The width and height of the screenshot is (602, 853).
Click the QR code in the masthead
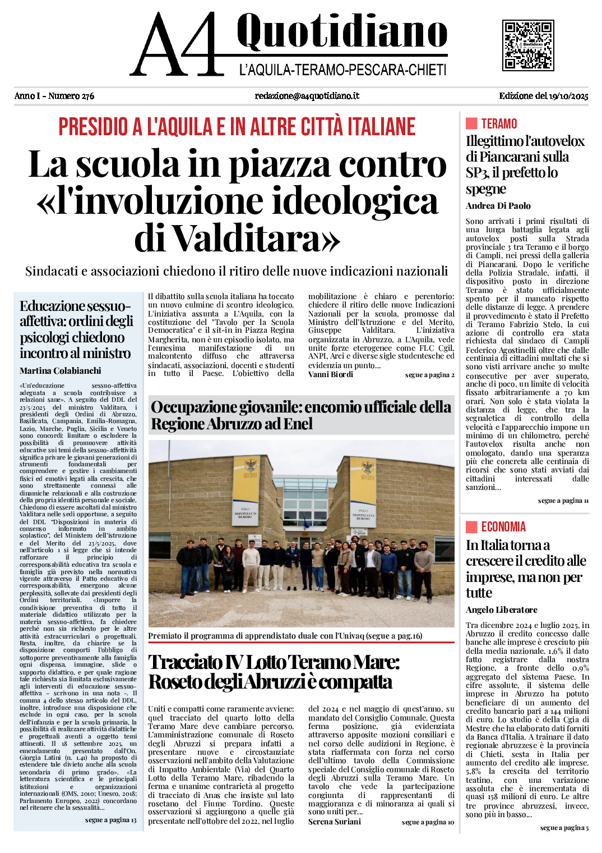pos(528,45)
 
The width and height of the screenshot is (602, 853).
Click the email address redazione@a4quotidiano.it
pos(307,96)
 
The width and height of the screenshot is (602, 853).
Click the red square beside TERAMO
pos(471,123)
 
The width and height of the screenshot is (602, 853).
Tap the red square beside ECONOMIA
pos(471,526)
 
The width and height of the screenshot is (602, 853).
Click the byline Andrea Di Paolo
pos(498,206)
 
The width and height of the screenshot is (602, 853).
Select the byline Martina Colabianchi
pos(61,371)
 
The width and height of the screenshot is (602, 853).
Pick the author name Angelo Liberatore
pos(501,610)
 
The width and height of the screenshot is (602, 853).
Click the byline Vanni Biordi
pos(331,374)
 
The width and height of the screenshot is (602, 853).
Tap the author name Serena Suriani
pos(335,822)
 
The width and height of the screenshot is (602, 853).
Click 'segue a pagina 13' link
pos(110,820)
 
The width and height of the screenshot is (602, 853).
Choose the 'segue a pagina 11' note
pos(563,501)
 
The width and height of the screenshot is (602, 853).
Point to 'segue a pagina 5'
pos(564,828)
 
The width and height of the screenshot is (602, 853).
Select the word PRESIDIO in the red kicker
pos(95,127)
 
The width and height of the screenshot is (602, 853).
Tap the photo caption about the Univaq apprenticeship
pos(285,636)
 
